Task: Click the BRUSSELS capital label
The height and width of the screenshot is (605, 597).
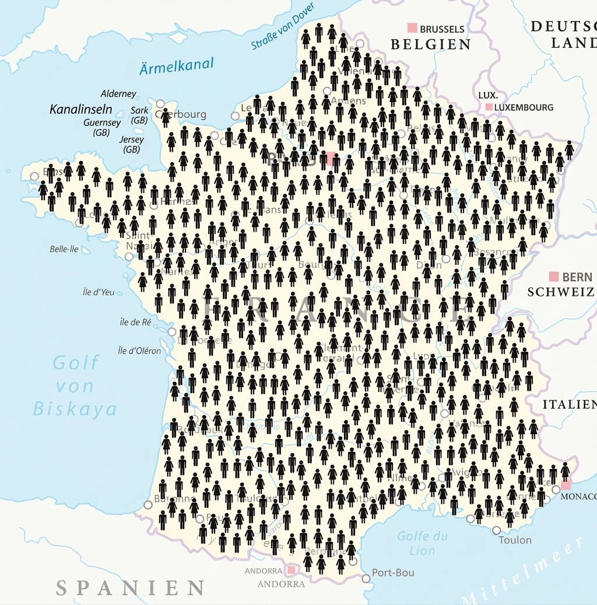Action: [442, 29]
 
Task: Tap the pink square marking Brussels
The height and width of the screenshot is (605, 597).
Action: [412, 27]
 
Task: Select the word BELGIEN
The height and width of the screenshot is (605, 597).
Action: [431, 44]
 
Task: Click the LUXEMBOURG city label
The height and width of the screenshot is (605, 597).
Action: [524, 107]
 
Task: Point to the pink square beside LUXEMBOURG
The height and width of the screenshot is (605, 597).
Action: [489, 107]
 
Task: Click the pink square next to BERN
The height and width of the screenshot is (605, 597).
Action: [553, 276]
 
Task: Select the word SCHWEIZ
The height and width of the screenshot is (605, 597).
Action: [560, 292]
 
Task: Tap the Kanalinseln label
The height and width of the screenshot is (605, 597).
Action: [81, 109]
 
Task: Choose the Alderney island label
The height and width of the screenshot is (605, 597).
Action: [118, 93]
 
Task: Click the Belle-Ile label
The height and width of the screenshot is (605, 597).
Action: [64, 249]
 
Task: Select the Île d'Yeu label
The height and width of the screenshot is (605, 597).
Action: [99, 292]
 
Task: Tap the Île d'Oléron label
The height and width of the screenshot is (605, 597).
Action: [139, 351]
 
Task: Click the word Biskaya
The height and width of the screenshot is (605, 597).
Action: [75, 408]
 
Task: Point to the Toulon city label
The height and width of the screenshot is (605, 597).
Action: [515, 540]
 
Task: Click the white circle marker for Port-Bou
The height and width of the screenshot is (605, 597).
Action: [366, 578]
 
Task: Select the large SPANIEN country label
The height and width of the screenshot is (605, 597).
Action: [130, 587]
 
